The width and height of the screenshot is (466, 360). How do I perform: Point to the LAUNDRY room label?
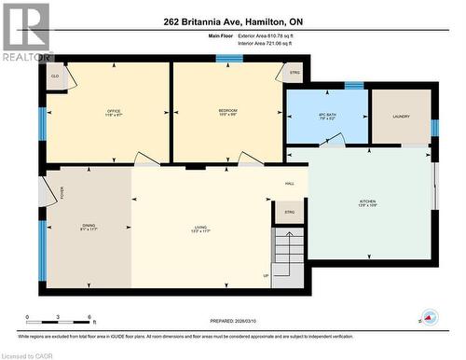[x=401, y=116]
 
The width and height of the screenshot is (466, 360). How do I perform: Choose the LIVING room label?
[x=199, y=227]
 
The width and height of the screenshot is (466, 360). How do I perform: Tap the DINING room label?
[x=89, y=227]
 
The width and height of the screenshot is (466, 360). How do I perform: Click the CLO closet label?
[x=55, y=76]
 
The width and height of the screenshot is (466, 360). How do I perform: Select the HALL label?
[x=290, y=183]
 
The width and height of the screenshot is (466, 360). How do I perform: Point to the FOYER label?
[x=62, y=193]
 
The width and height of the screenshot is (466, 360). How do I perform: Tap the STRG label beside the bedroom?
[x=295, y=73]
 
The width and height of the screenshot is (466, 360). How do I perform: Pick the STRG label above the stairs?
[x=290, y=212]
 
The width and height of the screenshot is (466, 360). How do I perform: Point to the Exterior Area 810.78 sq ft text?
[x=265, y=35]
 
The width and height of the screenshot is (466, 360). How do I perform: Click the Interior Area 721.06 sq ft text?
[x=265, y=44]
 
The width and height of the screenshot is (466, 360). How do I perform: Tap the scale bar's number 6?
[x=89, y=317]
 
